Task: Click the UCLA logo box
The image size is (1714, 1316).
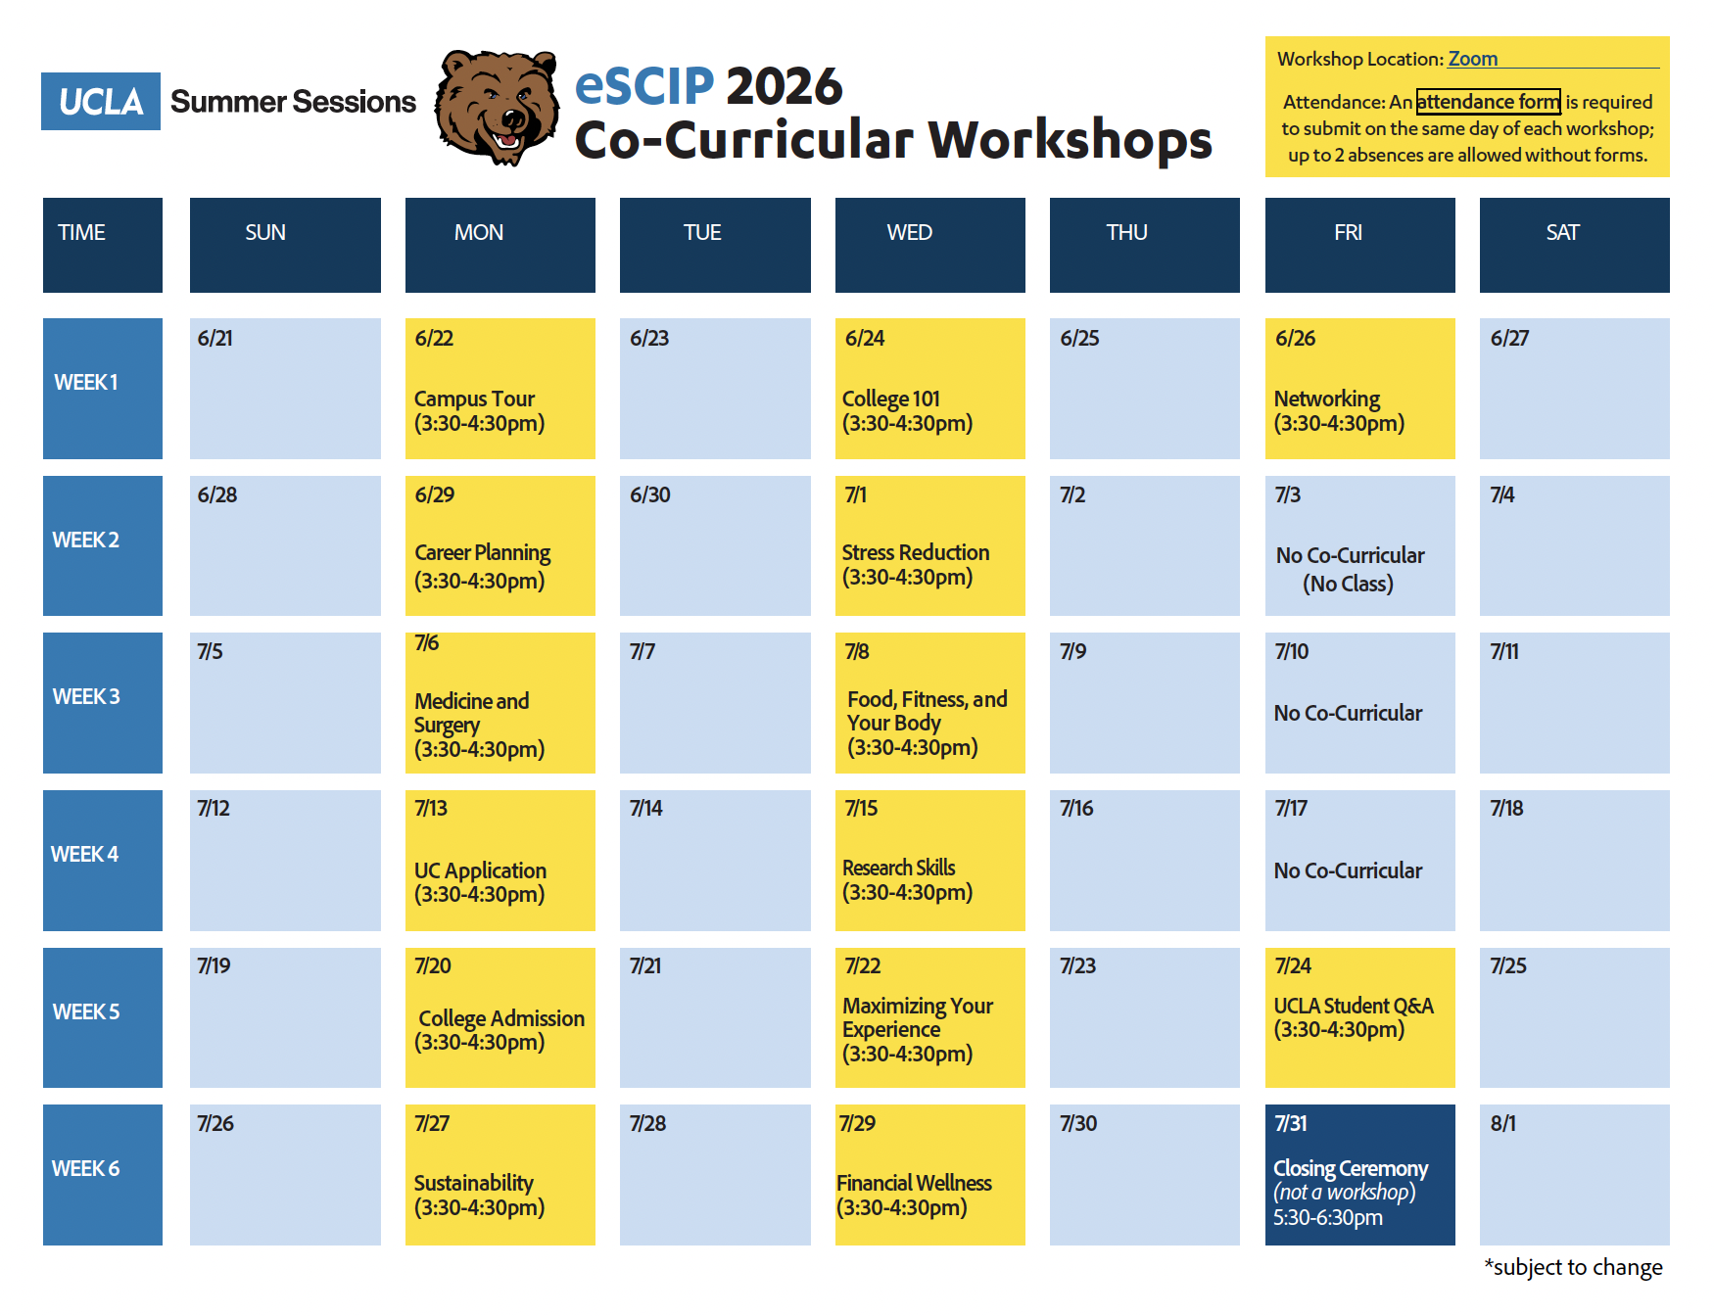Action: click(x=101, y=101)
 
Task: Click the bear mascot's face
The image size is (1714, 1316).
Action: click(x=497, y=108)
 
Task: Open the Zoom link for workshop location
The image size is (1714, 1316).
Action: click(x=1472, y=59)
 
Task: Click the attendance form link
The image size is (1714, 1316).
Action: click(x=1488, y=102)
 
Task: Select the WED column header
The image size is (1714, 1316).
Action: click(x=929, y=245)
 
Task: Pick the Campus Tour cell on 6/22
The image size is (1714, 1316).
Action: click(x=500, y=388)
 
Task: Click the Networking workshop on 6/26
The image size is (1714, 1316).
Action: click(x=1359, y=388)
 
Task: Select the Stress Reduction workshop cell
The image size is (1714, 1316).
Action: click(x=929, y=545)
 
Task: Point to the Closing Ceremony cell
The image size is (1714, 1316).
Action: click(x=1359, y=1174)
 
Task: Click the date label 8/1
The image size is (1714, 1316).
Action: click(x=1502, y=1123)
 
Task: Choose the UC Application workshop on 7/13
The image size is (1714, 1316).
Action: click(x=500, y=860)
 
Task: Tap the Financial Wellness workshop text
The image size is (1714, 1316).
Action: click(x=914, y=1195)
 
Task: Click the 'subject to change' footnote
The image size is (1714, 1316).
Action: click(x=1573, y=1267)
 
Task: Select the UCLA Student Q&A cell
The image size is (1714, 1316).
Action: click(x=1359, y=1017)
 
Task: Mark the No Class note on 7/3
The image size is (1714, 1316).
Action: click(x=1348, y=584)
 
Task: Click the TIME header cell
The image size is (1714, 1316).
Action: click(x=103, y=245)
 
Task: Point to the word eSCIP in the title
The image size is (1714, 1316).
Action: click(x=644, y=85)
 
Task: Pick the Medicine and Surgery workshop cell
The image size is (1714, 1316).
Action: click(x=500, y=702)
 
